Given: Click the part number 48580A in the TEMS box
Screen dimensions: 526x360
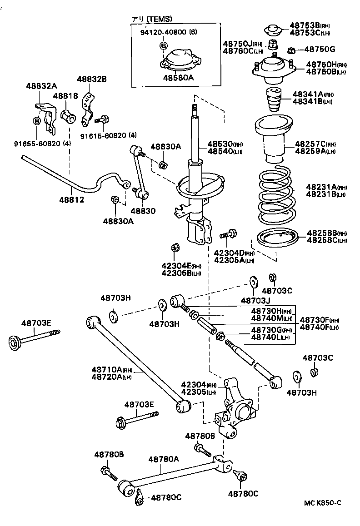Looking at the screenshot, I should click(178, 78).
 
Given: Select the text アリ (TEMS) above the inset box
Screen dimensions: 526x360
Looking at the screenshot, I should click(152, 19).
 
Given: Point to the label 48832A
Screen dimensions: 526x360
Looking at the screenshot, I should click(41, 86).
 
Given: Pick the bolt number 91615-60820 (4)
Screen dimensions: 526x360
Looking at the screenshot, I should click(108, 135).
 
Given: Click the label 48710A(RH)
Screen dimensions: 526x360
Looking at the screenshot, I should click(111, 369).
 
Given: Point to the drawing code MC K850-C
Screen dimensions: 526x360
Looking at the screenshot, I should click(322, 502).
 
